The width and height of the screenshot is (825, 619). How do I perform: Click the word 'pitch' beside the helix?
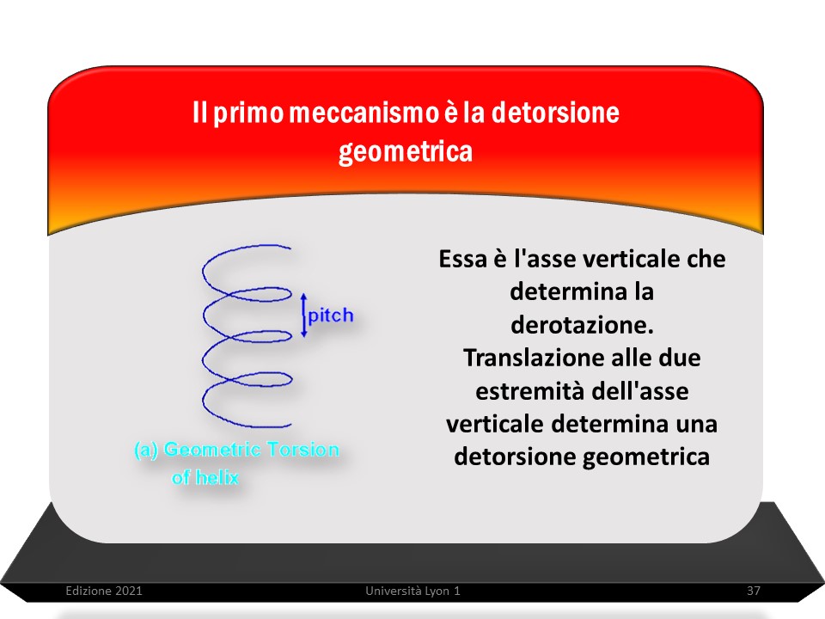point(331,316)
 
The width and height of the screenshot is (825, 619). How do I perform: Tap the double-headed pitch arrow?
point(303,316)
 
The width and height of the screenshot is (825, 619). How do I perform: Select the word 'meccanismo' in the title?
point(364,113)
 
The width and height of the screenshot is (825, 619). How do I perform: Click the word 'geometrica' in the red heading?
point(406,152)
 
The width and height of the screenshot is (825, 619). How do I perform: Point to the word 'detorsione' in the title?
point(555,113)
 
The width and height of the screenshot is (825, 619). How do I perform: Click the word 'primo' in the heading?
point(248,113)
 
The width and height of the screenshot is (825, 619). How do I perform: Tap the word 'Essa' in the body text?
point(463,259)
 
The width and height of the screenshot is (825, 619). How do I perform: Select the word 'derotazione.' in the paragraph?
point(583,325)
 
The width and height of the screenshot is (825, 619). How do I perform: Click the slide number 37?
point(754,591)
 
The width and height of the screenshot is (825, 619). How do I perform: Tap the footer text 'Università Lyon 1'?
point(413,591)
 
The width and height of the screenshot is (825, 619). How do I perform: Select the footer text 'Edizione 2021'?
point(104,591)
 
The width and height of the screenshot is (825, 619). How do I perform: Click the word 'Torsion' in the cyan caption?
point(302,450)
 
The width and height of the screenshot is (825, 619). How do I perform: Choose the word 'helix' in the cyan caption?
point(217,477)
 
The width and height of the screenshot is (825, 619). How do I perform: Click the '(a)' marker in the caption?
point(146,450)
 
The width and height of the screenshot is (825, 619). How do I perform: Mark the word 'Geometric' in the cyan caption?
point(212,450)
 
